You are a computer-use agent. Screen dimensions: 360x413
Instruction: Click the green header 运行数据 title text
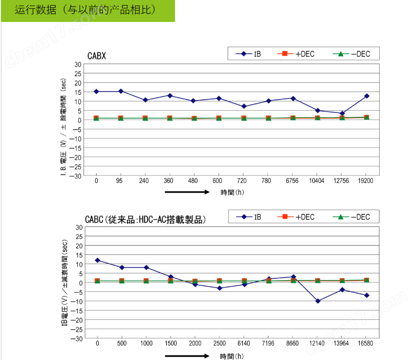(x=85, y=10)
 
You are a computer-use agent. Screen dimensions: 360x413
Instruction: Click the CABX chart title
(x=97, y=56)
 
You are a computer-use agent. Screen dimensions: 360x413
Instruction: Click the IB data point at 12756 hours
(x=342, y=113)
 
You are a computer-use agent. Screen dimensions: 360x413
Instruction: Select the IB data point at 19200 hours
(x=367, y=96)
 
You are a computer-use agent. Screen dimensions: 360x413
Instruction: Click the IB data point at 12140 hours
(x=318, y=301)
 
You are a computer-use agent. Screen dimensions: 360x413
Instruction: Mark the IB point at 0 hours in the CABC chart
(x=97, y=260)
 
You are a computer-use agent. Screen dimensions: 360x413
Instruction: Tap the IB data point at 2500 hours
(x=219, y=288)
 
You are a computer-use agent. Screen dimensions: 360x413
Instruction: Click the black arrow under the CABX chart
(x=187, y=192)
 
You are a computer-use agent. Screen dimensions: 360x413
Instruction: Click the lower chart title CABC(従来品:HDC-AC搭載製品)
(x=145, y=219)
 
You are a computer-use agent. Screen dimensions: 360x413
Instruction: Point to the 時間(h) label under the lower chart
(x=232, y=356)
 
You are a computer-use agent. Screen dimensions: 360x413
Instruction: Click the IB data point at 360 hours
(x=170, y=96)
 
